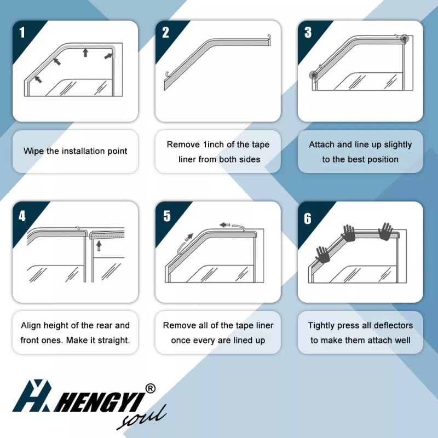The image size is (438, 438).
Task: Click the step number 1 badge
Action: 22,32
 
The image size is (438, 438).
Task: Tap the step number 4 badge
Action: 22,216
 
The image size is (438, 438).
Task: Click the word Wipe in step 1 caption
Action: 33,151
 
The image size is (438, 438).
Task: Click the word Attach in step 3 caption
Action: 321,145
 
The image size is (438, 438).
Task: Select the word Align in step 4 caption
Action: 31,326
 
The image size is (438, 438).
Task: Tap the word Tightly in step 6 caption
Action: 322,326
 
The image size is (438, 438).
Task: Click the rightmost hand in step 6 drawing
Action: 387,232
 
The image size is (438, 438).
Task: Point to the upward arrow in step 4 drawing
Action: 99,246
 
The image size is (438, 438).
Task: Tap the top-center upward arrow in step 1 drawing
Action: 85,52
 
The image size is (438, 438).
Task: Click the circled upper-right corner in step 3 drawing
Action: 405,38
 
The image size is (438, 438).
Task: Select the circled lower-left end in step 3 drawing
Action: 314,76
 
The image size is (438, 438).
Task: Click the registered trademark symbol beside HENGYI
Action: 151,388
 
